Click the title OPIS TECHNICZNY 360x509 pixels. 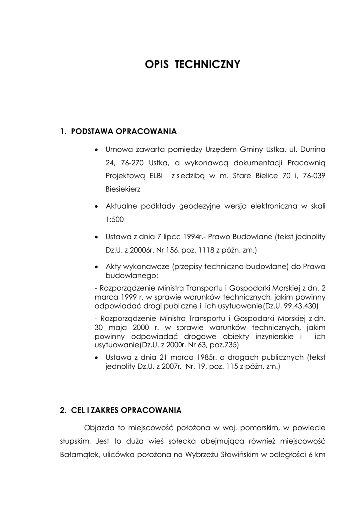pyautogui.click(x=192, y=65)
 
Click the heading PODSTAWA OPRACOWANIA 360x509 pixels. pyautogui.click(x=123, y=132)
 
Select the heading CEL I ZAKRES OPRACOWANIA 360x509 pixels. pyautogui.click(x=126, y=410)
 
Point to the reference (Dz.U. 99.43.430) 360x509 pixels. pyautogui.click(x=290, y=305)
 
